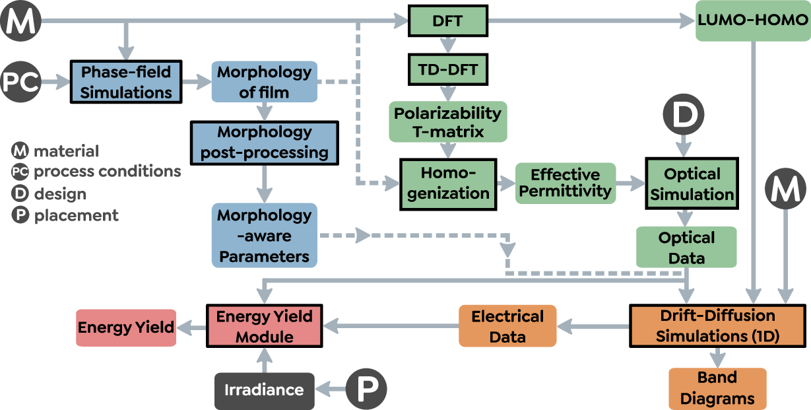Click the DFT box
(x=447, y=21)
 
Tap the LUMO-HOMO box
(x=752, y=20)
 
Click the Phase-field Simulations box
(x=125, y=82)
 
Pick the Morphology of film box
(x=264, y=82)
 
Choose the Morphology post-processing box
(x=264, y=142)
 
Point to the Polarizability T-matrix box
(x=448, y=122)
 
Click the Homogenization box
(x=448, y=184)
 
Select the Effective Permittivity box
(x=565, y=184)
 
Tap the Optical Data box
(x=686, y=248)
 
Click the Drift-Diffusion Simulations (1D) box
(x=718, y=325)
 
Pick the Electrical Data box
(x=507, y=326)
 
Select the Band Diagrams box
(x=717, y=388)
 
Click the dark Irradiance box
(x=264, y=390)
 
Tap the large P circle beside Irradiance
(x=366, y=390)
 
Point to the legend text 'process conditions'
(x=107, y=172)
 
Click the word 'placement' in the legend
(x=77, y=215)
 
